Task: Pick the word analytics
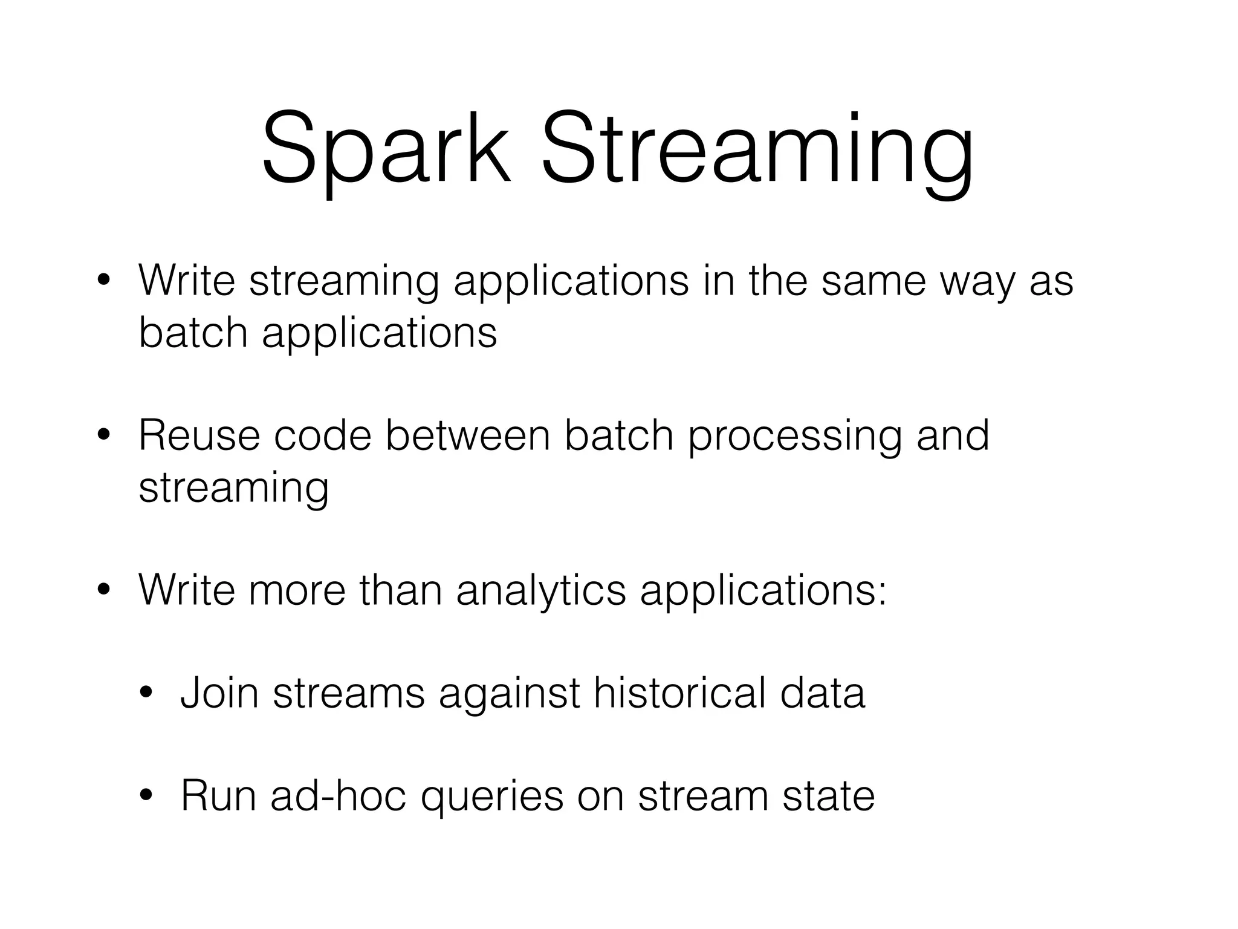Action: tap(541, 591)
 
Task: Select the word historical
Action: tap(679, 693)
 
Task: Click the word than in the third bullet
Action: tap(401, 590)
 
